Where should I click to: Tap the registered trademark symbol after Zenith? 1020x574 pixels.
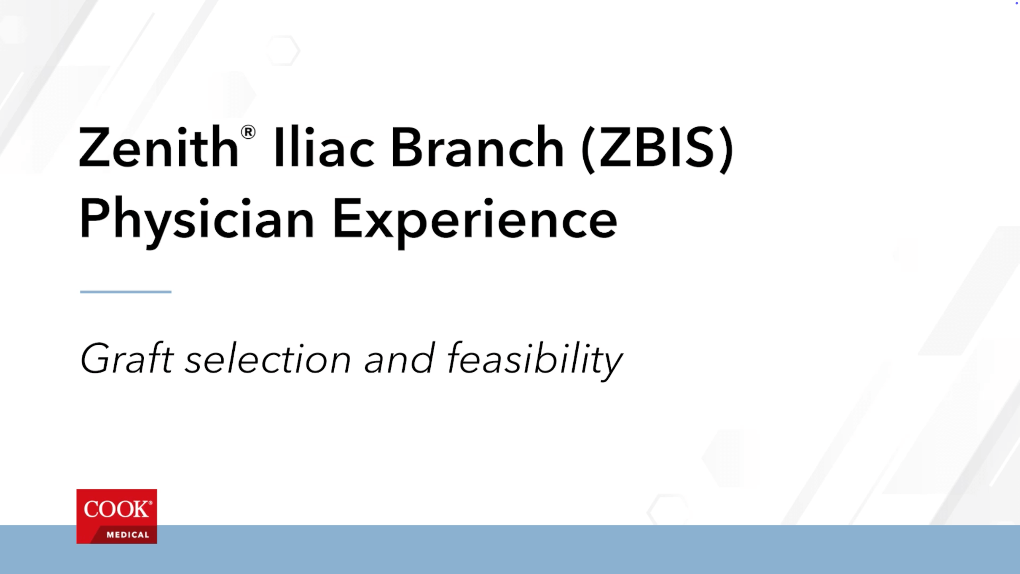[x=248, y=132]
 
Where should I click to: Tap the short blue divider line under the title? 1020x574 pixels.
[x=126, y=292]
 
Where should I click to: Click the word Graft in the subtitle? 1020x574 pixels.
[x=127, y=358]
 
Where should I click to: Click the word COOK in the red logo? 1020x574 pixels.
[x=116, y=509]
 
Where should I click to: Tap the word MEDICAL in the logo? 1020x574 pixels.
[x=127, y=535]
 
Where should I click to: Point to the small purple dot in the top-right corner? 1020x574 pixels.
[x=1016, y=3]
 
